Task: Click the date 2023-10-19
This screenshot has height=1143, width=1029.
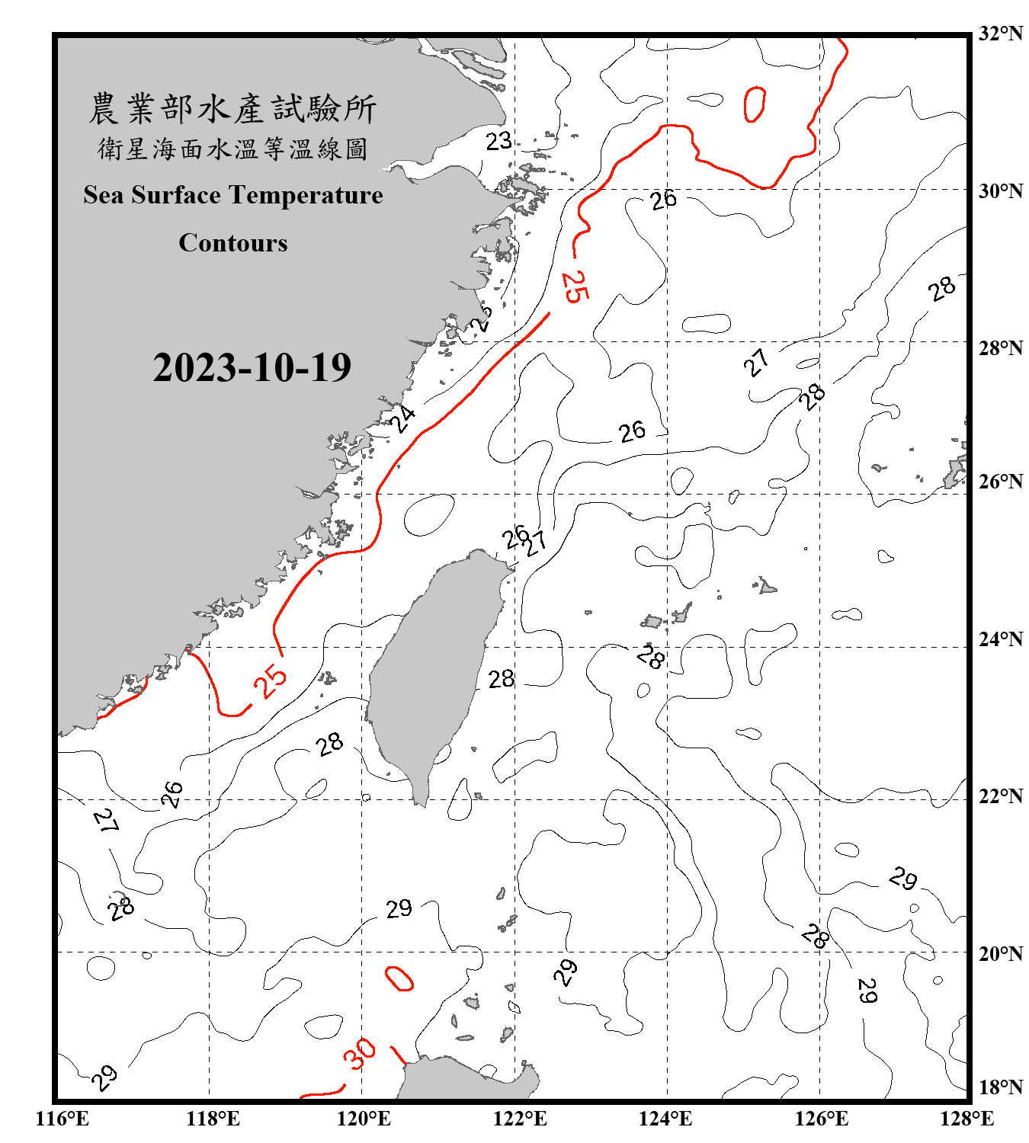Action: coord(252,368)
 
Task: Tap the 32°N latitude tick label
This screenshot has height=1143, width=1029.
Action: coord(1000,34)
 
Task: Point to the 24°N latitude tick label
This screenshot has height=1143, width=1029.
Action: coord(1000,639)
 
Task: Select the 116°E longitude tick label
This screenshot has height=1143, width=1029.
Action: coord(62,1119)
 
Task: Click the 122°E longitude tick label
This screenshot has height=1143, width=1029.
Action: coord(520,1119)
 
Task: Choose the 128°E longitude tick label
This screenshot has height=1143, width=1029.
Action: coord(966,1119)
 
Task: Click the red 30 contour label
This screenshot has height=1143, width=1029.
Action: coord(359,1053)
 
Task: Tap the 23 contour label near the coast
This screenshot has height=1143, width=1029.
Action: coord(498,141)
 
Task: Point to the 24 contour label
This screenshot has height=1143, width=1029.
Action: coord(402,418)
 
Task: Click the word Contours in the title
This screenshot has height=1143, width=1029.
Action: coord(233,243)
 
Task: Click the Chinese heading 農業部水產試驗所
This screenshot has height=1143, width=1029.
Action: coord(232,108)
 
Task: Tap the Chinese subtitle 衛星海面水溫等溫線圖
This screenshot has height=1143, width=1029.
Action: coord(232,149)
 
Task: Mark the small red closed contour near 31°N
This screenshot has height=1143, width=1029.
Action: coord(755,104)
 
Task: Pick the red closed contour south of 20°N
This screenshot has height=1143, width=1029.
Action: coord(399,978)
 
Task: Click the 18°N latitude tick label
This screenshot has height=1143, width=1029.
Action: coord(1000,1087)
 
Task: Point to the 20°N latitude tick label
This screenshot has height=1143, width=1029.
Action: coord(1000,952)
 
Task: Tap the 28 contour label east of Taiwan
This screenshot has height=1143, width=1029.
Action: coord(502,678)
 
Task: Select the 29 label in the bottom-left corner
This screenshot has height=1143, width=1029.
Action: coord(104,1077)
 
